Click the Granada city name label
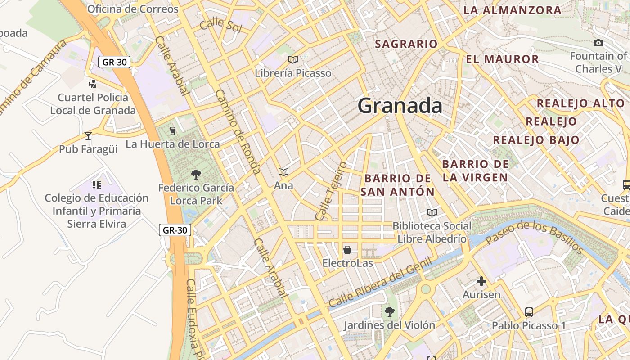click(400, 106)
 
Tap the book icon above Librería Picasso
click(293, 59)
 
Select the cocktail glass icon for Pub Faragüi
click(88, 135)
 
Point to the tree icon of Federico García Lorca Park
click(196, 174)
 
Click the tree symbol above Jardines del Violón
click(389, 311)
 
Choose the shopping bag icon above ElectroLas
click(347, 249)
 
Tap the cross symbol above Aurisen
click(481, 282)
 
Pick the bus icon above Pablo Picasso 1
click(529, 312)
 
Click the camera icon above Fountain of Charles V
click(598, 43)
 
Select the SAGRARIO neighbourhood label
click(406, 44)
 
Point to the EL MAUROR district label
click(502, 59)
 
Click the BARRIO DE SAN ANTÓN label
click(398, 185)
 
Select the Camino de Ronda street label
click(238, 132)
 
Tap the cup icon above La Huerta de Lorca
click(172, 131)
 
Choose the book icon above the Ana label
click(283, 172)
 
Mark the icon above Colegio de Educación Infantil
click(96, 184)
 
